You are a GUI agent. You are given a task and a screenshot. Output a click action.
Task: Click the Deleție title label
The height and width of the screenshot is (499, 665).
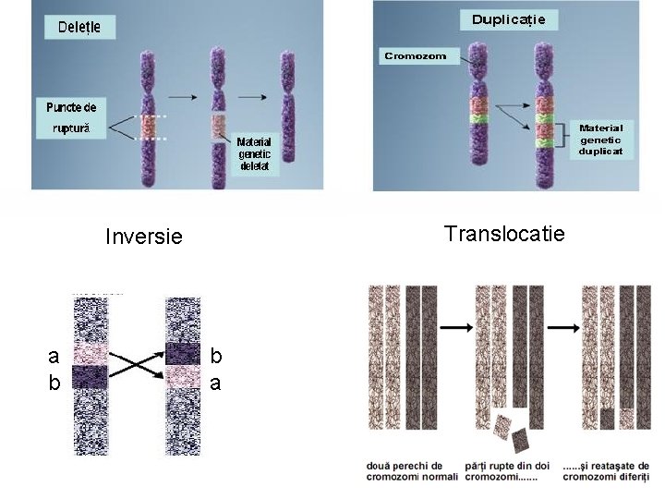click(x=80, y=27)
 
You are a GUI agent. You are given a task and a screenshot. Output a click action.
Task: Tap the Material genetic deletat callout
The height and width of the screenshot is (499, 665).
click(x=253, y=153)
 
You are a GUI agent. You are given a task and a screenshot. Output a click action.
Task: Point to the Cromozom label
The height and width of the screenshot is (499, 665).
click(x=415, y=56)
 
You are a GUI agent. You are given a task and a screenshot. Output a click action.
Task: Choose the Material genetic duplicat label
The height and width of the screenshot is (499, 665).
click(x=601, y=139)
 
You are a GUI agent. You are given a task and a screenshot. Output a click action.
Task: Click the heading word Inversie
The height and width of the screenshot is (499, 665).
click(x=144, y=237)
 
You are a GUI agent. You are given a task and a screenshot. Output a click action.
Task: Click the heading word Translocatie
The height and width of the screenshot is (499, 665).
click(x=503, y=233)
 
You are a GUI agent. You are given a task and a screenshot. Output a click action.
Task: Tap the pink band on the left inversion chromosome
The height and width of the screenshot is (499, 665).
click(x=91, y=354)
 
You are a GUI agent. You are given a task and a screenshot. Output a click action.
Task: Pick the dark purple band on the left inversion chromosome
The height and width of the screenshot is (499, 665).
click(x=91, y=376)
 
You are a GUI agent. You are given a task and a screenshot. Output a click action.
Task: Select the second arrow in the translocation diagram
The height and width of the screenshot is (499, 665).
click(x=560, y=328)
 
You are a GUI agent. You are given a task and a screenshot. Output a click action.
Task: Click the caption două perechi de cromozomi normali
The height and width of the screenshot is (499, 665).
click(x=405, y=471)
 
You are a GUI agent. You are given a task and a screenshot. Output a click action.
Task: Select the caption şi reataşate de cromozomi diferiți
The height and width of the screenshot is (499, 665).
click(x=606, y=471)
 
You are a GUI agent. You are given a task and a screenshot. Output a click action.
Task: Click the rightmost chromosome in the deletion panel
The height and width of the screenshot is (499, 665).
click(x=288, y=106)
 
